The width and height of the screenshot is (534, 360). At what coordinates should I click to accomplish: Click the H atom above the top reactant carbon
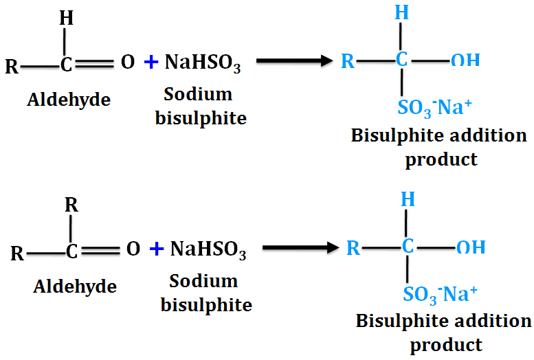point(67,19)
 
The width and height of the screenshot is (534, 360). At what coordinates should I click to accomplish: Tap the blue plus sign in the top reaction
point(151,63)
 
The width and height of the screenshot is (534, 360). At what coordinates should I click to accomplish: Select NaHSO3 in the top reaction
point(203,63)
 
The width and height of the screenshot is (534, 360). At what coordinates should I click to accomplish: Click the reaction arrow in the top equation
point(289,60)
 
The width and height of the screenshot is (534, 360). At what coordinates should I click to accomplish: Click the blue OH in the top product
point(465,61)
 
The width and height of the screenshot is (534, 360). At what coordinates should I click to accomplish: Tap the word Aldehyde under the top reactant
point(69,100)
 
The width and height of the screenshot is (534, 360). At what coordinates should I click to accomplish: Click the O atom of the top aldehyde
point(128,63)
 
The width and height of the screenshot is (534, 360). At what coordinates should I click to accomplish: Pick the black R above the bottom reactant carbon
point(71,205)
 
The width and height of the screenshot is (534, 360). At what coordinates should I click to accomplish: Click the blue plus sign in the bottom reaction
point(157,249)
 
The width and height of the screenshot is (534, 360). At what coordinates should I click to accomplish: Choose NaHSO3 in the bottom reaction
point(208,249)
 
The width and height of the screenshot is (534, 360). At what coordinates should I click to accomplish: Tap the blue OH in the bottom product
point(471,247)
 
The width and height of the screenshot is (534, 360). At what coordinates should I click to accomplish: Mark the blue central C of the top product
point(402,60)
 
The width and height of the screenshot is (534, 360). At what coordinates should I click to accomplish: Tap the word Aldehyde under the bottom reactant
point(75,286)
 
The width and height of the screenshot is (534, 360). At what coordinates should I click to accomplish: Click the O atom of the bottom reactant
point(133,249)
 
